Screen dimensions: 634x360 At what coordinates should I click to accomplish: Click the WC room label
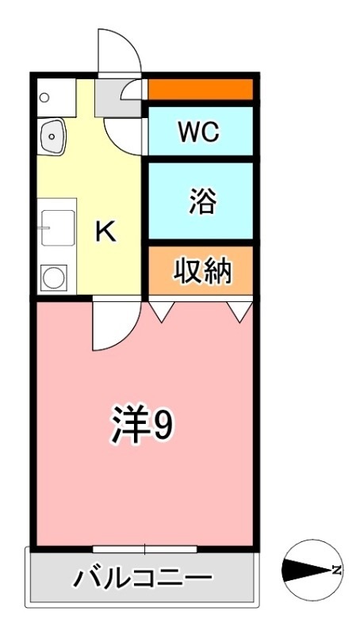click(x=199, y=131)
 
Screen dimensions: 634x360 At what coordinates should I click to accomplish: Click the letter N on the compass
click(x=337, y=570)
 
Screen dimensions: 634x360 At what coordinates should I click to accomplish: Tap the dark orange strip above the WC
click(x=201, y=89)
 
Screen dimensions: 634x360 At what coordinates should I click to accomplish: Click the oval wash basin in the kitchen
click(x=52, y=138)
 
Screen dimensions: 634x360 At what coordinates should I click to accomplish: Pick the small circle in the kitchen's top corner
click(x=44, y=97)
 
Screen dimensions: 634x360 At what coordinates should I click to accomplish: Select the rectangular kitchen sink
click(x=57, y=226)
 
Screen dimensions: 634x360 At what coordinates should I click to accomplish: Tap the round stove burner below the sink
click(x=54, y=277)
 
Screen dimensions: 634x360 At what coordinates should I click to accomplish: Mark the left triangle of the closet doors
click(x=162, y=311)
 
